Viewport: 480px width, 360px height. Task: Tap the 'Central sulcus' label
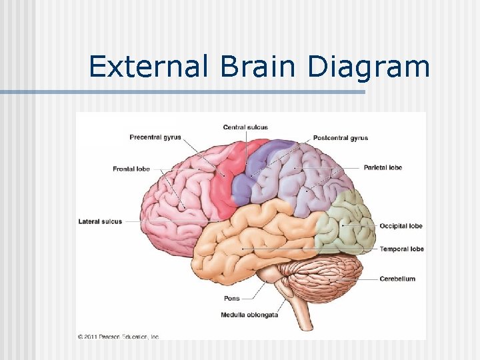coord(245,127)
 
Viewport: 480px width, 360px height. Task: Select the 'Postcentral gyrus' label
coord(340,138)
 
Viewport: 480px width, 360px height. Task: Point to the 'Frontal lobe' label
coord(131,169)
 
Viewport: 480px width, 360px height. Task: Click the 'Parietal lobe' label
coord(383,167)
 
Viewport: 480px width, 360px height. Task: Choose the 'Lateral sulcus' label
coord(100,221)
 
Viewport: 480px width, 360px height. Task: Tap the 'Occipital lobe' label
coord(401,226)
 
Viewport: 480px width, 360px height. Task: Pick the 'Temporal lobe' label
coord(401,249)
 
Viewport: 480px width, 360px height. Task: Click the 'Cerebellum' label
coord(397,279)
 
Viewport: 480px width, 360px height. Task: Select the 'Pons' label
coord(231,299)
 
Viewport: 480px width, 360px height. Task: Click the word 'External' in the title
coord(139,67)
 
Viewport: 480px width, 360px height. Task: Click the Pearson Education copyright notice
coord(118,337)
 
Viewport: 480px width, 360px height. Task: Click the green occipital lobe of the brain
coord(347,223)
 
